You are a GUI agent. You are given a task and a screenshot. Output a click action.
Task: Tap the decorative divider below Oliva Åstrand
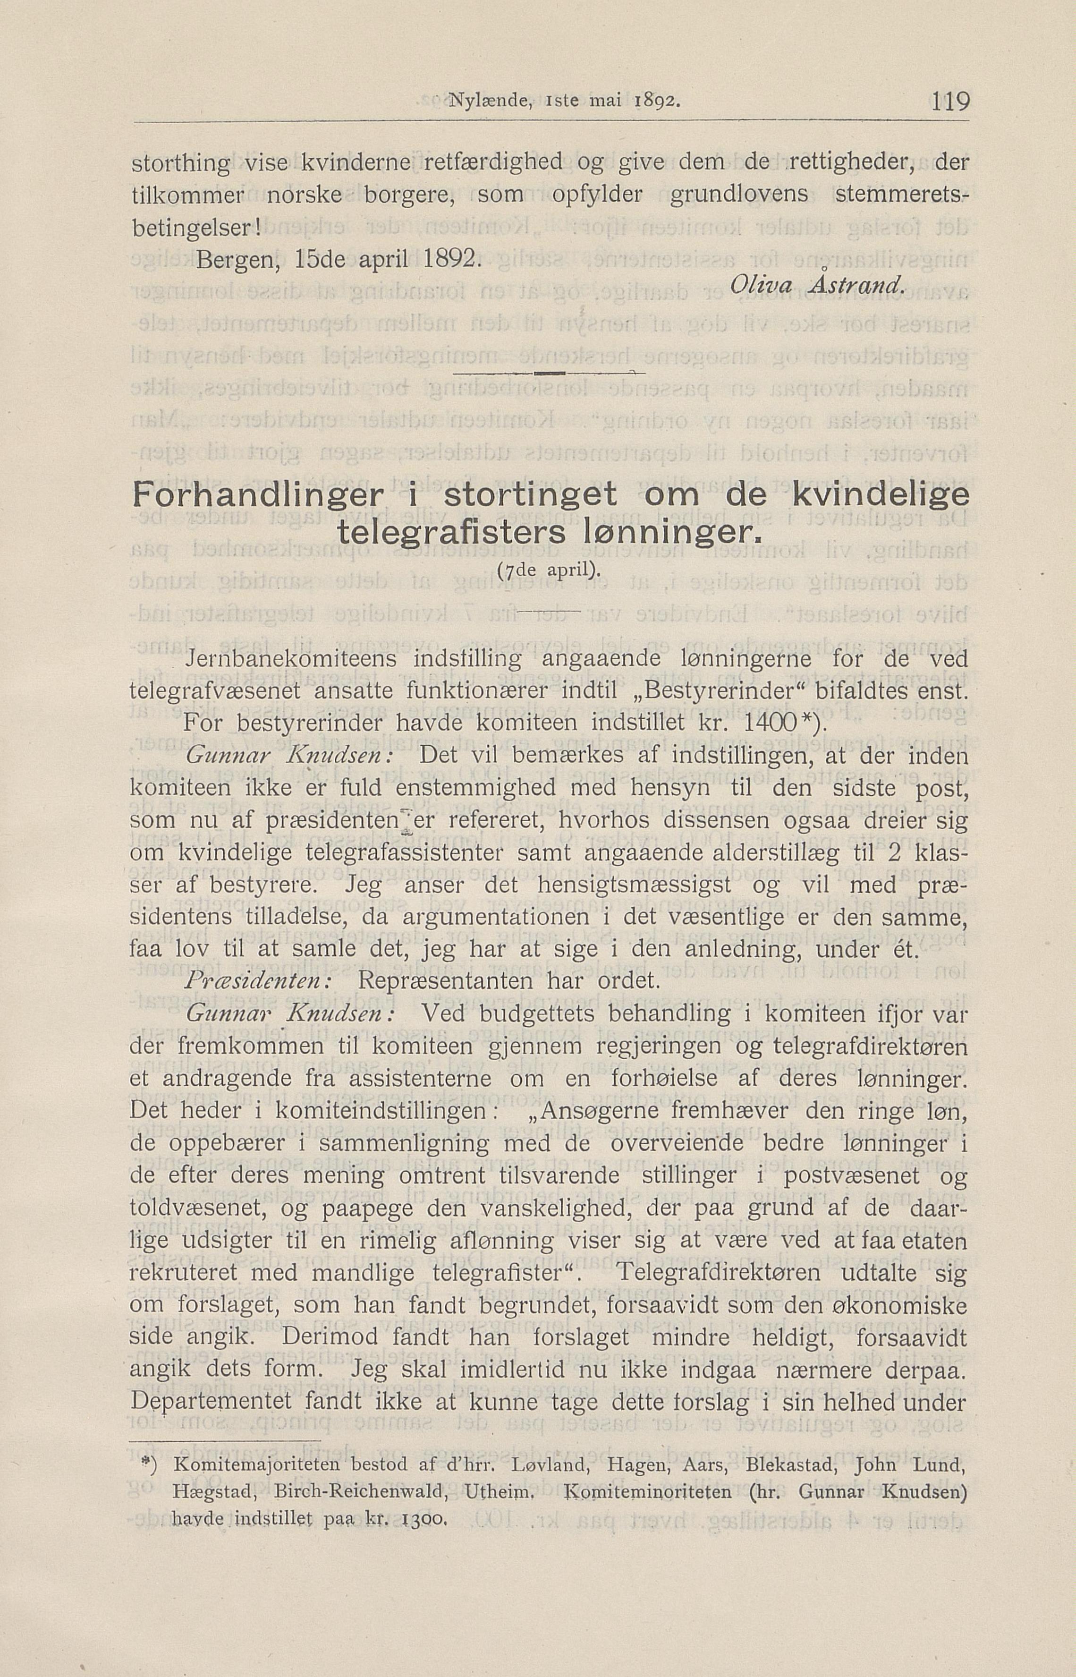[x=549, y=375]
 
